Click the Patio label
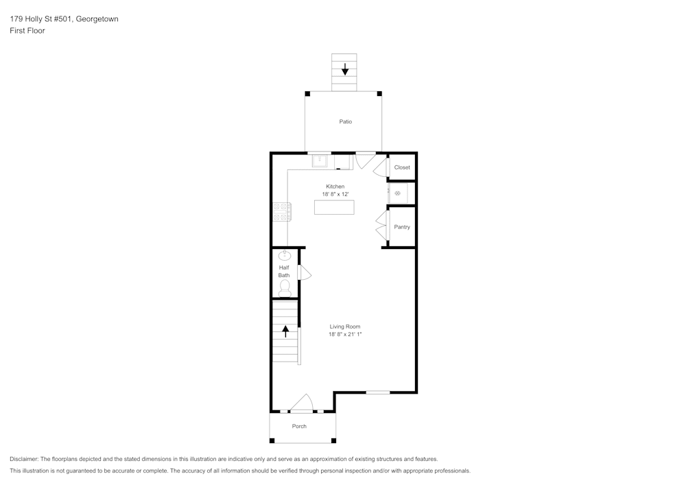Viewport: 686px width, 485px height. [x=345, y=121]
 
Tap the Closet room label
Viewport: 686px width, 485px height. [x=402, y=167]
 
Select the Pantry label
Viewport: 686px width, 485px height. [x=402, y=226]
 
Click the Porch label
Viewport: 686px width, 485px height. [x=299, y=426]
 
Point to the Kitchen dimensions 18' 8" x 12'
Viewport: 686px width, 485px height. [x=335, y=195]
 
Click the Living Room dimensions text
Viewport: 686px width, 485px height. [x=344, y=335]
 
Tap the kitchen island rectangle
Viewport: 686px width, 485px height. [x=334, y=206]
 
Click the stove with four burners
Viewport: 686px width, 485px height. [x=281, y=211]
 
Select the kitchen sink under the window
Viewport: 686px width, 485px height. [x=320, y=162]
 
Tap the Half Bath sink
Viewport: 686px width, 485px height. [x=284, y=255]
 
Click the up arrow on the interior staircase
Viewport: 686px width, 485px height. [x=285, y=331]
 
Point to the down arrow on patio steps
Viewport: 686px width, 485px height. [x=345, y=69]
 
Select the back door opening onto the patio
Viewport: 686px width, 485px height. [x=365, y=161]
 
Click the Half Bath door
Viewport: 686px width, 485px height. [x=305, y=273]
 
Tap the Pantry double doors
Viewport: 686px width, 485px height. [x=381, y=226]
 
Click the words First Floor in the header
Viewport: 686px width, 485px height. [x=27, y=31]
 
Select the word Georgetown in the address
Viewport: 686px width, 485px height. [x=98, y=19]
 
